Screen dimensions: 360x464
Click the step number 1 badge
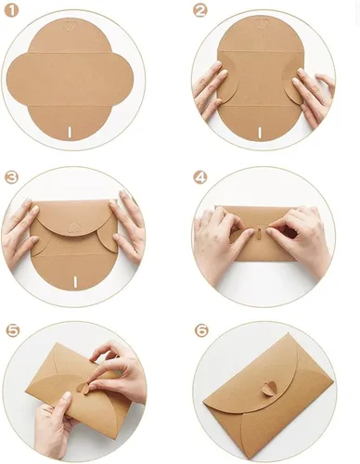point(12,11)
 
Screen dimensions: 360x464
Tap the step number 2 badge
point(199,11)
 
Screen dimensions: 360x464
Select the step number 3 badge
point(12,177)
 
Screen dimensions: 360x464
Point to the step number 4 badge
point(199,177)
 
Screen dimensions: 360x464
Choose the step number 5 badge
point(13,330)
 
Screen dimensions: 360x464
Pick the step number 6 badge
point(201,330)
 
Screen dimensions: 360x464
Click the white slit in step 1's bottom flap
point(70,132)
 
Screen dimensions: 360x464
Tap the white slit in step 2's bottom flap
point(260,132)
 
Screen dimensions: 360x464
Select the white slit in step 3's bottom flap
point(75,282)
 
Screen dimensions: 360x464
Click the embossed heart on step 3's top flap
point(73,227)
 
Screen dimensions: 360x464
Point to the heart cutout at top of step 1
point(70,25)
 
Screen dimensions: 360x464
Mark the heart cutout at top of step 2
point(260,24)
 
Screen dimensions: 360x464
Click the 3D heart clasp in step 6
point(267,390)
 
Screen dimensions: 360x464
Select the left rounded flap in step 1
point(18,80)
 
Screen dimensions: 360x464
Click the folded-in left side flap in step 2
point(227,79)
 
